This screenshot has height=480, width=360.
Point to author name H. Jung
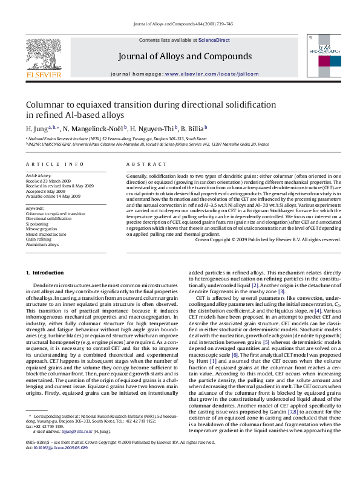(x=36, y=129)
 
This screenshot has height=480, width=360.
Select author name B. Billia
(x=193, y=129)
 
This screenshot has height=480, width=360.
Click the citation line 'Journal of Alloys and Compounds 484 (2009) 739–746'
(x=180, y=24)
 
